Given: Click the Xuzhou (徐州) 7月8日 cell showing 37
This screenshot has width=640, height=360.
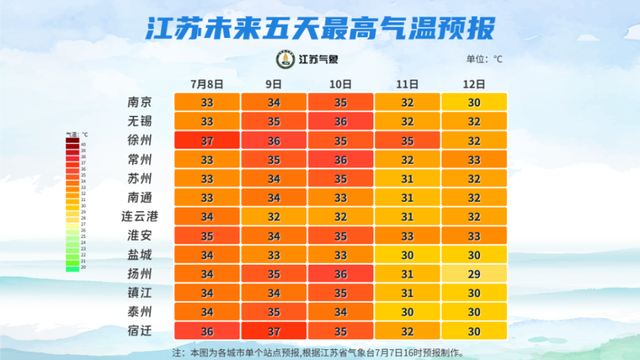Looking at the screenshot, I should pos(207,141).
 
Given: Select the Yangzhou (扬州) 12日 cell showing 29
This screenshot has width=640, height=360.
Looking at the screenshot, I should pos(474,274).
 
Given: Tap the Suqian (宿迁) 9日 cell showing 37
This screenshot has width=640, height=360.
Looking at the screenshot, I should pos(273,331).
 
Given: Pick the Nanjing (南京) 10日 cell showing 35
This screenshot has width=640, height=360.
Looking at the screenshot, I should pos(340,103).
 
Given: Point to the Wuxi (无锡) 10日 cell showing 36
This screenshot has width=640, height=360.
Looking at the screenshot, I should pos(340,122).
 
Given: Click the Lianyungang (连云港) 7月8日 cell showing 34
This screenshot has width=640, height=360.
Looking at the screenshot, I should pos(207,217).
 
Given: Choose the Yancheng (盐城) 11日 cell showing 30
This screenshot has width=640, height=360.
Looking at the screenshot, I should pos(407,255).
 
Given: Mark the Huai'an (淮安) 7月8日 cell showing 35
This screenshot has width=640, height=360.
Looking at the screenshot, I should pos(207,236).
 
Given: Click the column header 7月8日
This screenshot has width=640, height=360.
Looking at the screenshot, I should pos(206,84).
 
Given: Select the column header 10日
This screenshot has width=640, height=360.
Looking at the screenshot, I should pos(340,84).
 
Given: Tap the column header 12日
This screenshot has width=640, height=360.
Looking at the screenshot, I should pos(473,84).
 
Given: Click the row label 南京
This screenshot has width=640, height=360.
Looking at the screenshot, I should pos(139,103).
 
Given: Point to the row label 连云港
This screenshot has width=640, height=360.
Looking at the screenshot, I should pos(139,217).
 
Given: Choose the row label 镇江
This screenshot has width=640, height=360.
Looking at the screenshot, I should pos(139,293).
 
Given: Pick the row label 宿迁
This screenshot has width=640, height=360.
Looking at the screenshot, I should pos(139,331).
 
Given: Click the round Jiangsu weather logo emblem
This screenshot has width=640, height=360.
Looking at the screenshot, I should pos(285,59).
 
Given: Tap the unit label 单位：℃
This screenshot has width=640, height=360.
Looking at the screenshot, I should pos(485,59).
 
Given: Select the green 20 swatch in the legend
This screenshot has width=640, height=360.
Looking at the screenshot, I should pos(72,268).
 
